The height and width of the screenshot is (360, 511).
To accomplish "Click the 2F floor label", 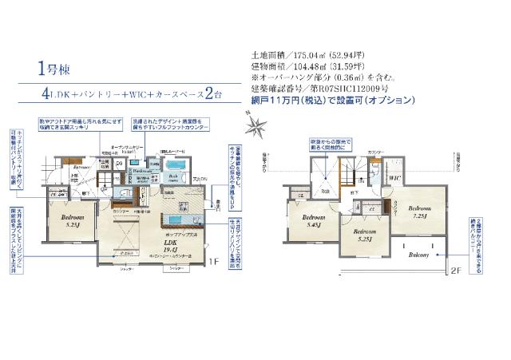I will [456, 269].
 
